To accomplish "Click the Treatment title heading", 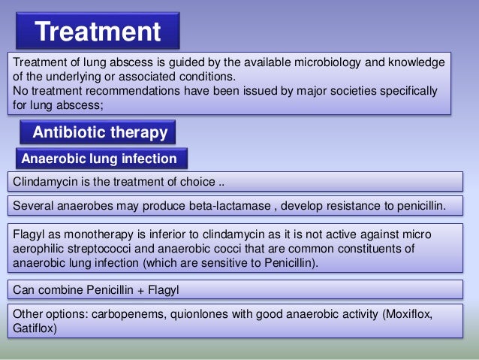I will [98, 32].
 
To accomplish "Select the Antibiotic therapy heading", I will [99, 133].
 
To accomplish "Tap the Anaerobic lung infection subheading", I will [99, 159].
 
